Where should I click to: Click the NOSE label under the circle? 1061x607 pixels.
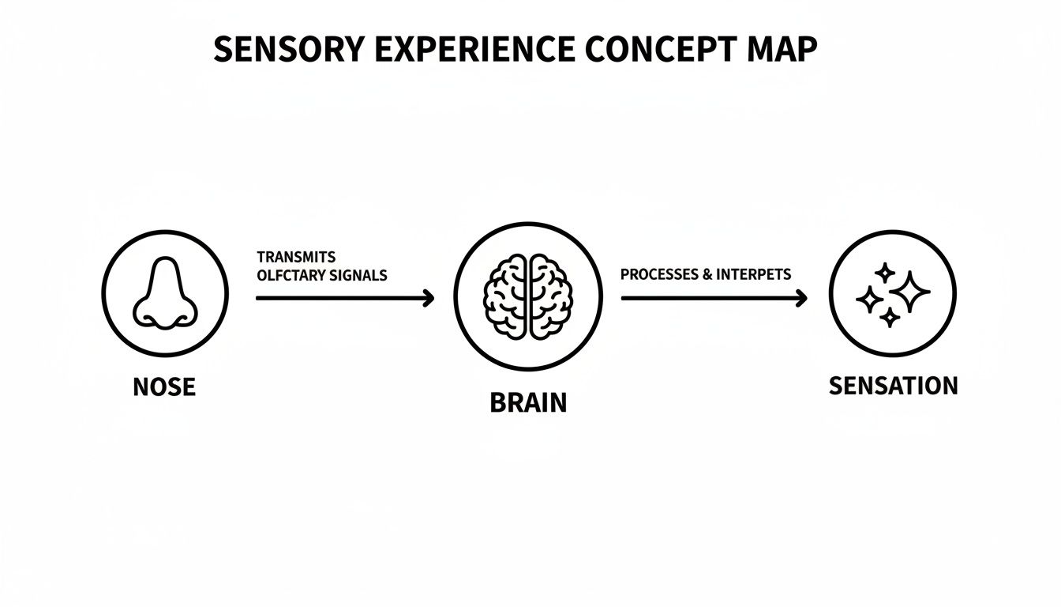pos(164,387)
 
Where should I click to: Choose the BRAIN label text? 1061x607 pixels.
pos(528,403)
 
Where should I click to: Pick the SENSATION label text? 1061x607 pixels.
pos(893,386)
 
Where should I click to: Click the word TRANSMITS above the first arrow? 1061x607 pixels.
pos(296,258)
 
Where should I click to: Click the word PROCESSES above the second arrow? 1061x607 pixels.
pos(659,275)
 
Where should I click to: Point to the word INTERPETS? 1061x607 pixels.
pos(754,275)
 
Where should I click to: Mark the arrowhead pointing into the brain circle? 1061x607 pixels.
pos(429,298)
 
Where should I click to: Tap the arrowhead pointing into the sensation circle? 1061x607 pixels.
pos(801,298)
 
